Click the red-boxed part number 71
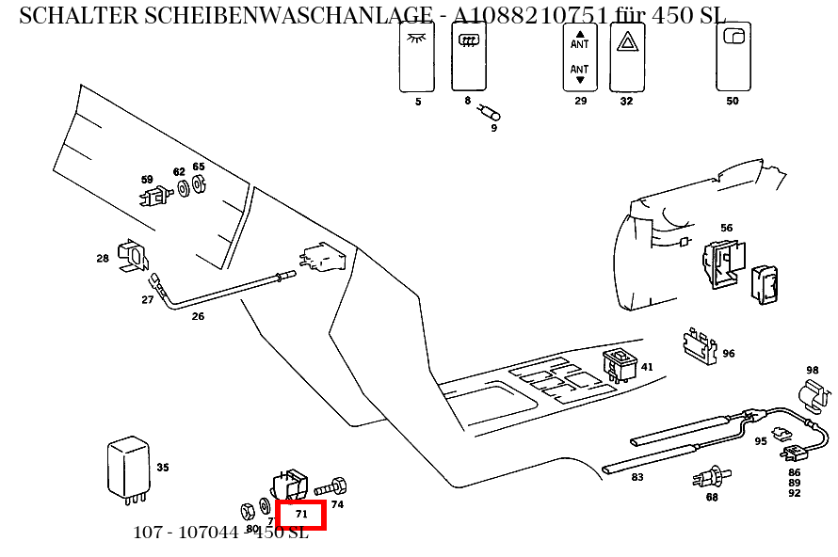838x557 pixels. click(x=301, y=515)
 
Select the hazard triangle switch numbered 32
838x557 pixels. click(x=626, y=56)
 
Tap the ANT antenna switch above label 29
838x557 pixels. click(x=580, y=56)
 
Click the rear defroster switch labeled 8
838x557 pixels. click(x=468, y=56)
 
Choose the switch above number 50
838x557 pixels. click(x=733, y=56)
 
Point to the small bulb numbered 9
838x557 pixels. click(x=490, y=114)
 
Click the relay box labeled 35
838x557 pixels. click(x=128, y=468)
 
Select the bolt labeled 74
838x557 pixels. click(x=330, y=487)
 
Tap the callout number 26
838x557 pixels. click(x=198, y=317)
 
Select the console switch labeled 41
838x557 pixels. click(x=620, y=364)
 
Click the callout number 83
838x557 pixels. click(x=637, y=478)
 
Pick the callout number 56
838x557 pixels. click(x=726, y=228)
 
